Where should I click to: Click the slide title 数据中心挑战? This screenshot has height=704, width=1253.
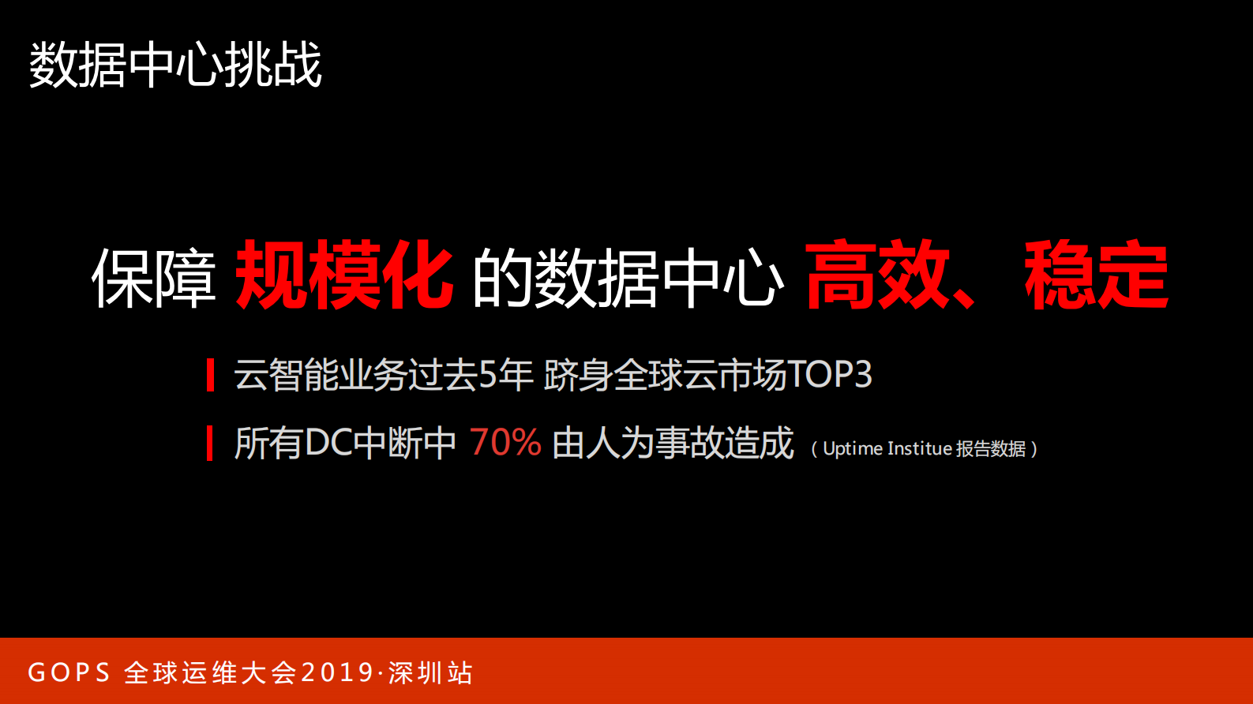pos(175,65)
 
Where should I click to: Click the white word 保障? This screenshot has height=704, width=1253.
pos(154,278)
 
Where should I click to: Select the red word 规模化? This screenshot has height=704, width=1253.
pos(344,275)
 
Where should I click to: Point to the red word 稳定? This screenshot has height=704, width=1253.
pos(1096,275)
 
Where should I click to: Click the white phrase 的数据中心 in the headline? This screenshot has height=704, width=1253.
pos(628,278)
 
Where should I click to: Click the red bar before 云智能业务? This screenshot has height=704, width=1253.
pos(210,375)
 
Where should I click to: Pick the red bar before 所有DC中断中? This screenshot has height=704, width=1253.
pos(210,443)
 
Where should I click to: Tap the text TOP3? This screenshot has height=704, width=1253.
pos(830,375)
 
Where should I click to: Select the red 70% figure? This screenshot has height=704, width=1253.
pos(505,443)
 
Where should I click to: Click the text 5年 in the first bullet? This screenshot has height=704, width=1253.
pos(506,375)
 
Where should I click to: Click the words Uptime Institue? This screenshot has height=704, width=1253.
pos(887,449)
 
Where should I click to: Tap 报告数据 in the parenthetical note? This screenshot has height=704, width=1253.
pos(991,449)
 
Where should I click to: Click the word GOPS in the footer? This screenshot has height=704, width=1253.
pos(69,672)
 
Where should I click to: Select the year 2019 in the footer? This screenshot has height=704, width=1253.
pos(337,672)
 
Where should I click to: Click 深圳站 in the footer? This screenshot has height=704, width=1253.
pos(430,672)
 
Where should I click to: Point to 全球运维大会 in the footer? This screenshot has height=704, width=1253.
pos(210,672)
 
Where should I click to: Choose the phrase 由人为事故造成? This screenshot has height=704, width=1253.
pos(673,443)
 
